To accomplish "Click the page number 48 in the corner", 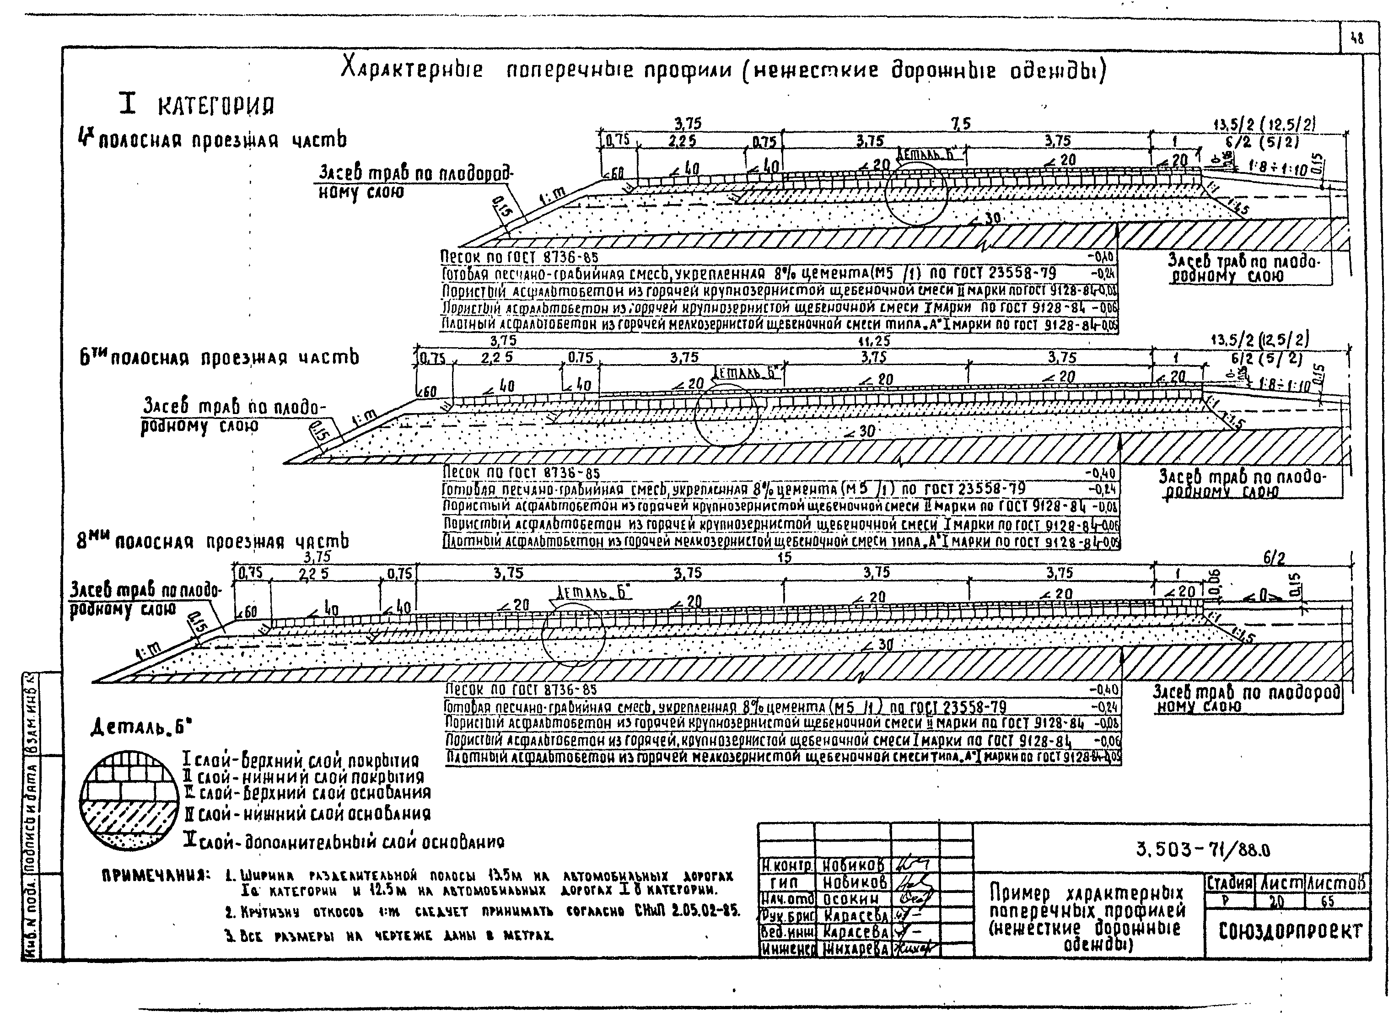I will [x=1357, y=38].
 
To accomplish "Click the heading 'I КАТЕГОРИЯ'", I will [x=196, y=105].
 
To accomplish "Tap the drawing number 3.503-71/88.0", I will [x=1203, y=849].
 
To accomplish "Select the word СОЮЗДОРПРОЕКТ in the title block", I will [x=1290, y=930].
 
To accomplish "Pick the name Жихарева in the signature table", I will [x=855, y=948].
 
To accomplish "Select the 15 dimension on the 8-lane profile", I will [x=785, y=557].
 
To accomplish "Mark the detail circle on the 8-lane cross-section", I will [x=573, y=634].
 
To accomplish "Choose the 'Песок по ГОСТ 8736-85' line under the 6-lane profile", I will [x=521, y=474].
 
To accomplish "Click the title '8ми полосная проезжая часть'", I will [x=213, y=542].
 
